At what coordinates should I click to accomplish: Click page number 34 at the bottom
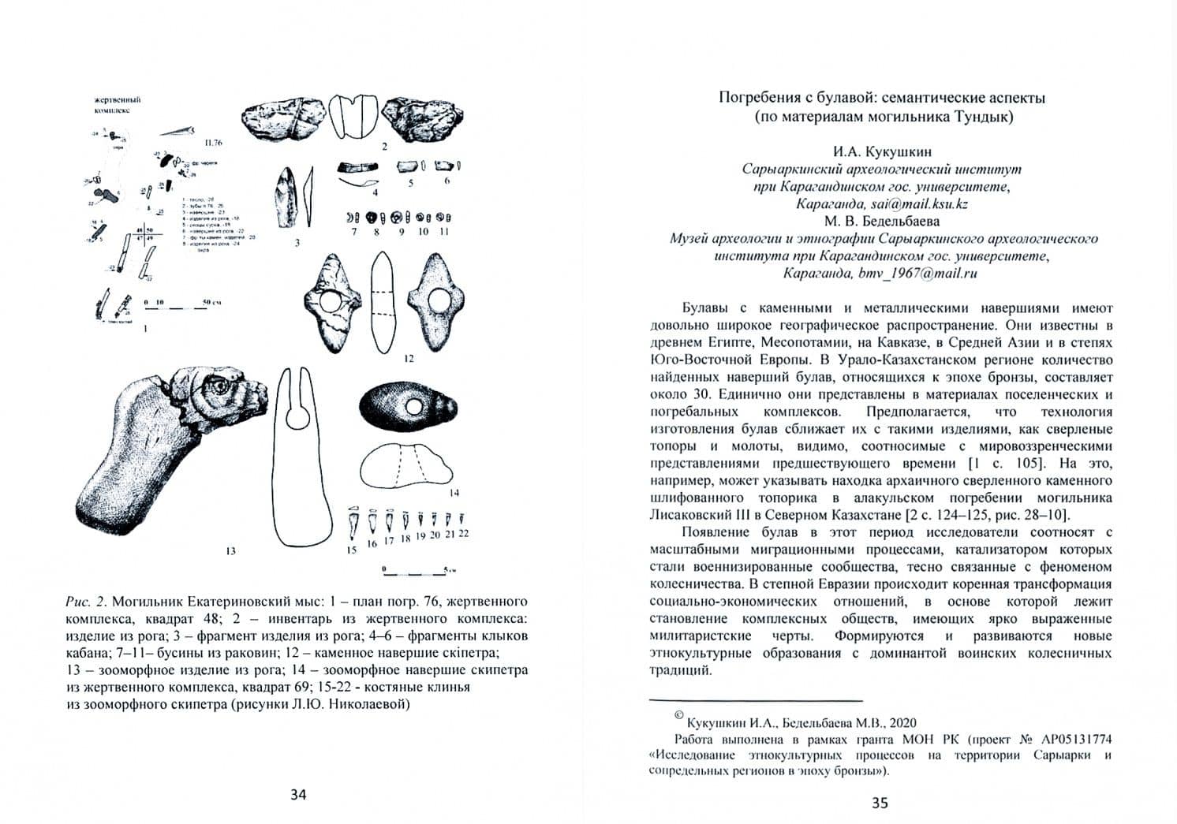point(298,794)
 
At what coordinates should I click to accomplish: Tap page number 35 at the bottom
point(880,803)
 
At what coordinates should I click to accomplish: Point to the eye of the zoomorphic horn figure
point(218,387)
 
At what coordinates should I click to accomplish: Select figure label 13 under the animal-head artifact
point(230,551)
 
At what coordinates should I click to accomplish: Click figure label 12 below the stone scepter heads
point(409,359)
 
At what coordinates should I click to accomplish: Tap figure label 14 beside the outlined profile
point(454,493)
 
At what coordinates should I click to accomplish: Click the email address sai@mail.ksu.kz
point(926,203)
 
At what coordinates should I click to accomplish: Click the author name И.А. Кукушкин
point(881,151)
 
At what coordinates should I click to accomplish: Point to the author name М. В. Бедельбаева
point(881,221)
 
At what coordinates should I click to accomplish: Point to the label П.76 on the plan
point(214,143)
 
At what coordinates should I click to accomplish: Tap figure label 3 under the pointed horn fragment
point(297,243)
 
